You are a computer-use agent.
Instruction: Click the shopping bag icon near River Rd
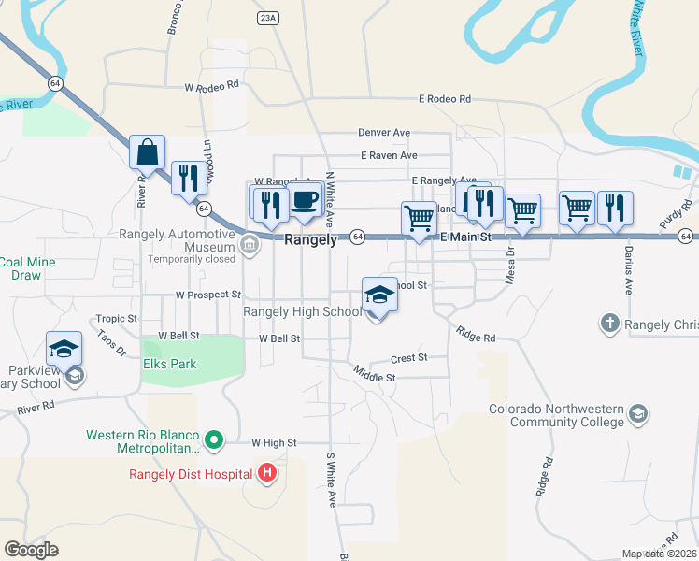pyautogui.click(x=148, y=151)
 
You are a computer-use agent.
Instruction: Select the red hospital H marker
pyautogui.click(x=267, y=473)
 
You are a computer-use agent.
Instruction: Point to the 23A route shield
pyautogui.click(x=268, y=18)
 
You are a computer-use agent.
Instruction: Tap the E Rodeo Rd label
pyautogui.click(x=445, y=98)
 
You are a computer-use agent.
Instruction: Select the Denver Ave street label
pyautogui.click(x=384, y=134)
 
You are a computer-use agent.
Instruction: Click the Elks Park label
pyautogui.click(x=169, y=364)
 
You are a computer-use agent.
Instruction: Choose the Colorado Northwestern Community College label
pyautogui.click(x=557, y=415)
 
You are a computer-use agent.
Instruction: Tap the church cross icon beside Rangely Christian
pyautogui.click(x=609, y=324)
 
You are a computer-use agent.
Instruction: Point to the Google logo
pyautogui.click(x=32, y=550)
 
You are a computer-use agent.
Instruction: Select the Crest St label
pyautogui.click(x=408, y=357)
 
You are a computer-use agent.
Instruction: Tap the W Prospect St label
pyautogui.click(x=208, y=295)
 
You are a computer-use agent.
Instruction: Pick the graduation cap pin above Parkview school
pyautogui.click(x=64, y=349)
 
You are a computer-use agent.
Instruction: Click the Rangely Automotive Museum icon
pyautogui.click(x=249, y=247)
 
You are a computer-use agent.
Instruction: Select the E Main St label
pyautogui.click(x=464, y=239)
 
